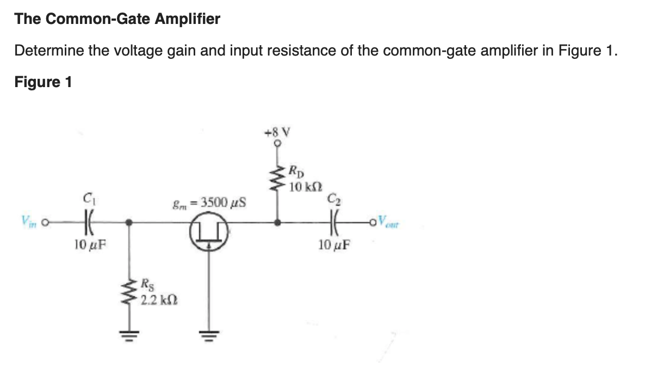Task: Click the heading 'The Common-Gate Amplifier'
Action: (117, 19)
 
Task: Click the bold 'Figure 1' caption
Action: (43, 82)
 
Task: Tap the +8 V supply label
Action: (277, 132)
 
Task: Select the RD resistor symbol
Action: (278, 175)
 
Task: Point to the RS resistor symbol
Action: (129, 293)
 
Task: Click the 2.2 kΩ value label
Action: (160, 300)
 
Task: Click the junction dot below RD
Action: (278, 222)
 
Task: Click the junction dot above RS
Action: (129, 222)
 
